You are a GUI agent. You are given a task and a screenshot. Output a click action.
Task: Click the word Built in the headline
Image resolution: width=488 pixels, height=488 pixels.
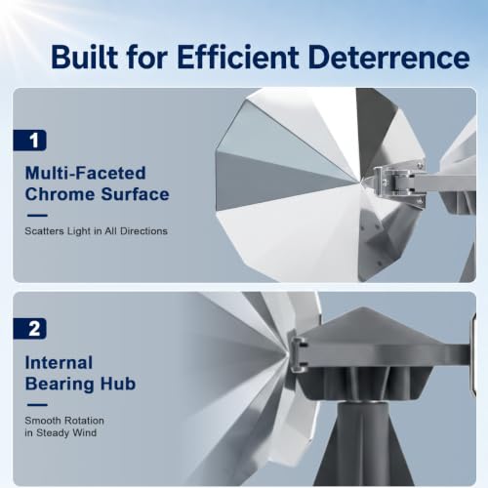click(85, 57)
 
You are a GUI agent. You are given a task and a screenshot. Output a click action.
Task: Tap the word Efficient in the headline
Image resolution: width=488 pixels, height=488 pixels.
click(238, 57)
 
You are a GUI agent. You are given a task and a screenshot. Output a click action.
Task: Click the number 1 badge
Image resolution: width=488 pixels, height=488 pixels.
click(30, 141)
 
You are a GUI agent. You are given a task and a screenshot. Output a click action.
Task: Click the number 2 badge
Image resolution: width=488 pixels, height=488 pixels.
click(30, 329)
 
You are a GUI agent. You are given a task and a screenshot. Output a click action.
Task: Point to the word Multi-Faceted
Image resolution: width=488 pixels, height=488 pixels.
click(86, 173)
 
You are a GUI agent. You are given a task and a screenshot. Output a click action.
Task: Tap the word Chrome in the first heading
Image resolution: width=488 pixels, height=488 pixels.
click(60, 194)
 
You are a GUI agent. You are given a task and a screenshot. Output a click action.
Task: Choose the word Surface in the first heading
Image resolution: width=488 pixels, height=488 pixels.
click(135, 194)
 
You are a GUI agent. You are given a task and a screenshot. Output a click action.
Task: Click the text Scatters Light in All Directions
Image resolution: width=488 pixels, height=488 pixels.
click(97, 231)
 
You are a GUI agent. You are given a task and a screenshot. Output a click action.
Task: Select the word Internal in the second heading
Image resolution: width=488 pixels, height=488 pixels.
click(59, 362)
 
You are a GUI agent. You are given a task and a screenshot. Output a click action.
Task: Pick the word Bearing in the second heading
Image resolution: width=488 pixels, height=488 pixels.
click(60, 385)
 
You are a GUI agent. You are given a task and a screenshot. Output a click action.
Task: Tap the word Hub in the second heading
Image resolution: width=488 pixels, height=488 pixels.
click(118, 384)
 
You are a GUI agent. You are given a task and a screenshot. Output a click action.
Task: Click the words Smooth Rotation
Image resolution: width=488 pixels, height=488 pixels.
click(64, 421)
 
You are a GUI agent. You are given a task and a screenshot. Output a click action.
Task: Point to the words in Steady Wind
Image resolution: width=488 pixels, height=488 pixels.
click(61, 433)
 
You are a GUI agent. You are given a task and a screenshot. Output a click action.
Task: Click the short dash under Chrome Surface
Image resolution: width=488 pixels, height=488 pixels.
click(37, 215)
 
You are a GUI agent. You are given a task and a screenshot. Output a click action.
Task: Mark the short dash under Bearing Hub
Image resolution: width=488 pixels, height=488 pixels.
click(37, 405)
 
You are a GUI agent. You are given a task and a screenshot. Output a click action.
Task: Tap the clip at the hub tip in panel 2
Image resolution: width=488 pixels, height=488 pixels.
click(299, 354)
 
